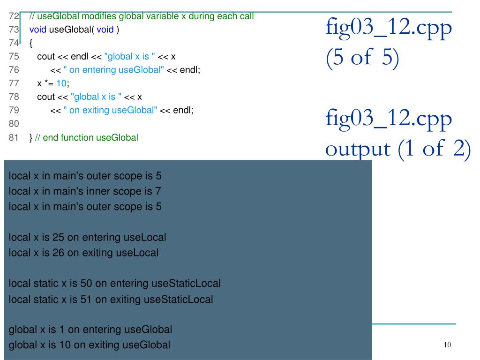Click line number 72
point(14,16)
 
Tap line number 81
point(14,138)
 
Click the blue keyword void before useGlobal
point(38,30)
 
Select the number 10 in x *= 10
point(62,83)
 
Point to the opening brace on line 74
point(31,43)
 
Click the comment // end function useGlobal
point(86,138)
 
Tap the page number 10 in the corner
point(447,345)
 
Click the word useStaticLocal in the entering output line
point(186,284)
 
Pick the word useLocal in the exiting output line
point(137,253)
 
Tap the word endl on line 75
point(79,57)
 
